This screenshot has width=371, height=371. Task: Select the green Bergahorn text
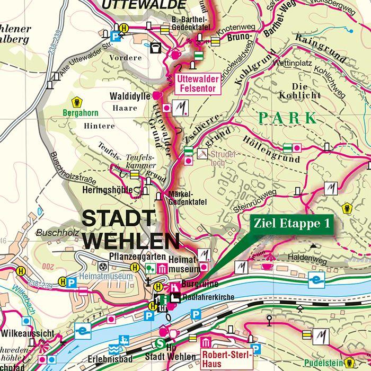(x=80, y=113)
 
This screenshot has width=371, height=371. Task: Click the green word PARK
(x=288, y=118)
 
